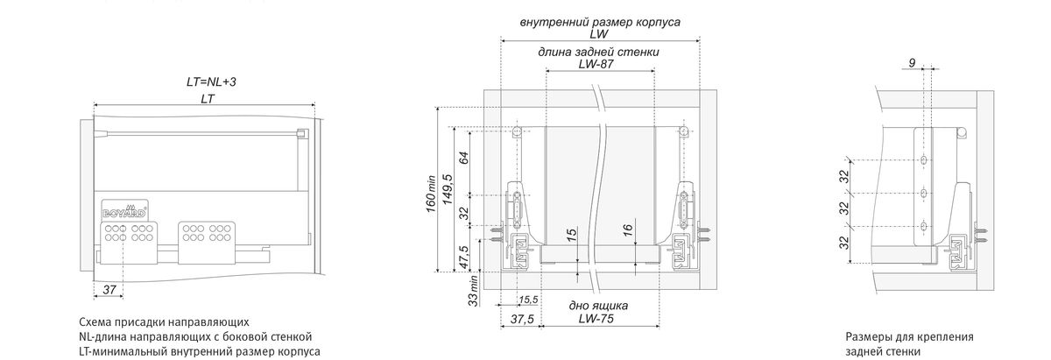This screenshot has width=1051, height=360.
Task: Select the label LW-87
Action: (599, 65)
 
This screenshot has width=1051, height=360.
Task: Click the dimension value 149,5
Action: (448, 188)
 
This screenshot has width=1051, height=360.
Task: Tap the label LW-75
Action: (599, 318)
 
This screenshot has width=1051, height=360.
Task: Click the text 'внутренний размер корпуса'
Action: (599, 20)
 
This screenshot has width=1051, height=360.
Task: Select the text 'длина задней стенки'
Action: (599, 52)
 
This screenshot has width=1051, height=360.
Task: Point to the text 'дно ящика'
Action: (599, 305)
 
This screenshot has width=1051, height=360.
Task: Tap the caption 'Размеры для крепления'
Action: (910, 336)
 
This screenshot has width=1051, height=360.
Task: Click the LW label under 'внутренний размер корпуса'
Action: (599, 34)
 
